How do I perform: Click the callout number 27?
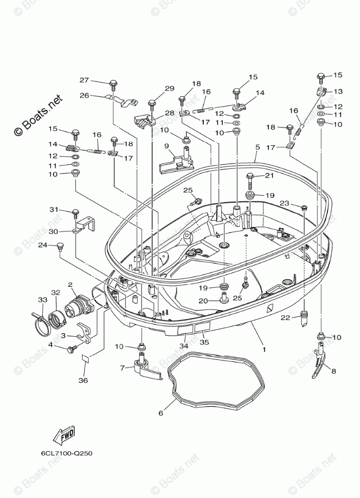click(x=84, y=80)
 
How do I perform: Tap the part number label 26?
click(x=84, y=95)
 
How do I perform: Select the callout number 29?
click(x=169, y=88)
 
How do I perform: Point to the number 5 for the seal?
click(x=257, y=147)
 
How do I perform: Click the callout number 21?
click(x=269, y=175)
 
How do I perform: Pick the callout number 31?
click(x=68, y=210)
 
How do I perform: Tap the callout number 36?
click(x=84, y=380)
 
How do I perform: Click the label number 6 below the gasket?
click(x=161, y=413)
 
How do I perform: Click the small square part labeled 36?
click(x=86, y=359)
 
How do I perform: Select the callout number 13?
click(x=338, y=91)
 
